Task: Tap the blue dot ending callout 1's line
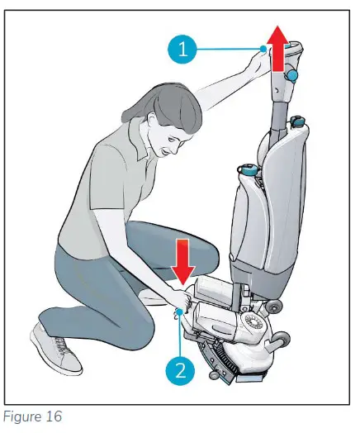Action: pos(263,50)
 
